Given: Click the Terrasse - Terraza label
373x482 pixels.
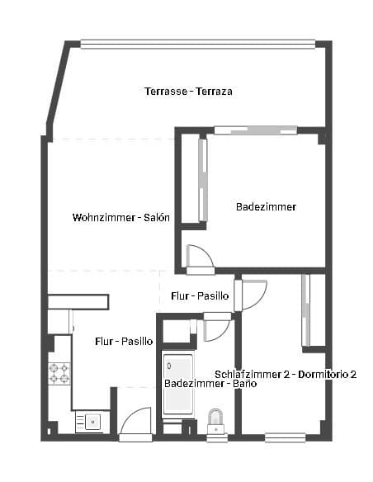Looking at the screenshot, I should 187,91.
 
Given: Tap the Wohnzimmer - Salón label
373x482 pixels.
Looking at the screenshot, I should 121,218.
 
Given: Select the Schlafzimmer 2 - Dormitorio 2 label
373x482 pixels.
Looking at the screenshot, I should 286,374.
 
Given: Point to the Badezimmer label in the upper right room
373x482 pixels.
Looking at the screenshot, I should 266,206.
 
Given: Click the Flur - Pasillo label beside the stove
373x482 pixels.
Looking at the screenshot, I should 124,340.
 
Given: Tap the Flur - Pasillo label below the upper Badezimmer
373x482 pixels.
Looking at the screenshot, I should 200,295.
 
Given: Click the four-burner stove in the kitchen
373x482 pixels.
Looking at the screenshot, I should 59,374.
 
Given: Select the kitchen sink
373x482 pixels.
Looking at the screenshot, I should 92,422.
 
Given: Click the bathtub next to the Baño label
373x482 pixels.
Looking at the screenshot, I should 177,385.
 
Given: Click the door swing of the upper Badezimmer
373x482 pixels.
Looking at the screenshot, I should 200,258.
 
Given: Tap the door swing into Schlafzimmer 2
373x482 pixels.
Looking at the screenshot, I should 253,295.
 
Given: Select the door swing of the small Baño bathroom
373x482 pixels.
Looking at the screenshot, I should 216,328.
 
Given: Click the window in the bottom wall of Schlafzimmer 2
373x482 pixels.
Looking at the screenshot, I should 285,437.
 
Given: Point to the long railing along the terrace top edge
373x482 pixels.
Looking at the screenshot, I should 198,45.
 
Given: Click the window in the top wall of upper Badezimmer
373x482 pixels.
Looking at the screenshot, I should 255,130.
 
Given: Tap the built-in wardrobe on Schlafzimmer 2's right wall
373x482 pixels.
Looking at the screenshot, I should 306,310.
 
